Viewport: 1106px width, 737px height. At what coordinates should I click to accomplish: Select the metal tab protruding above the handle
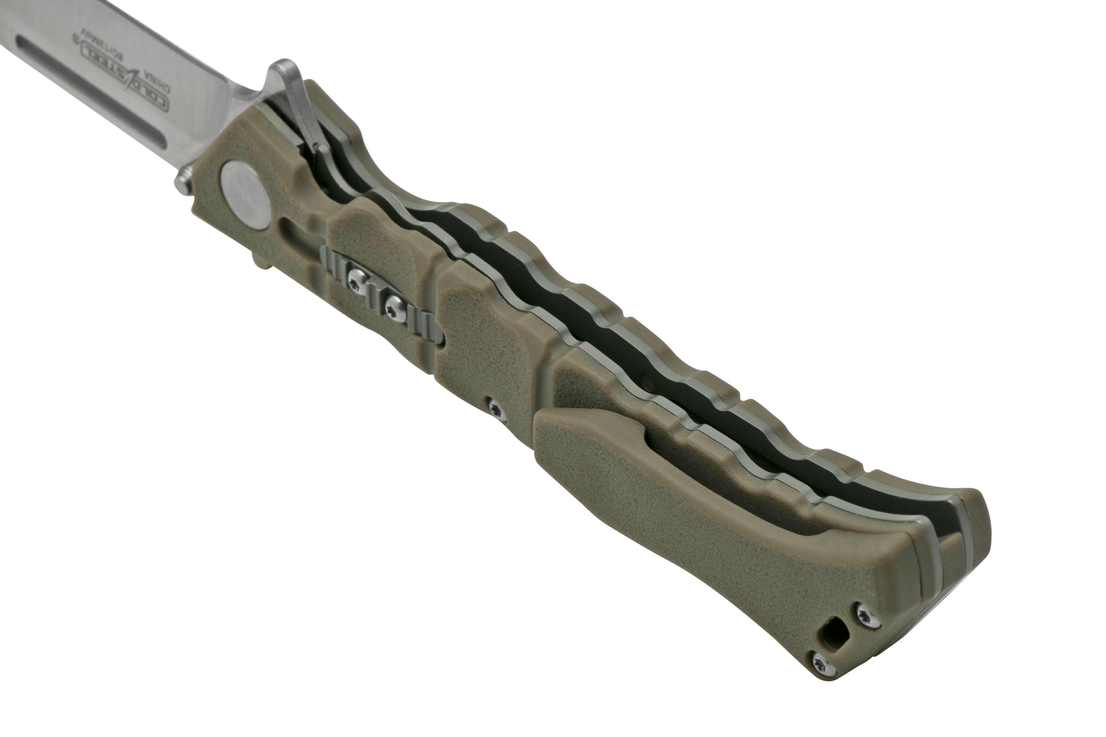tap(292, 101)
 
